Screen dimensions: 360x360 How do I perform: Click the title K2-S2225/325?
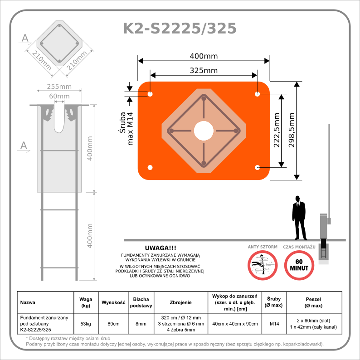click(180, 29)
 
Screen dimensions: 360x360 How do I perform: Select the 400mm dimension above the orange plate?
click(204, 56)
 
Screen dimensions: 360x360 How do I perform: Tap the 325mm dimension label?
click(204, 70)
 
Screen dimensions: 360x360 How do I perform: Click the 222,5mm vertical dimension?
click(277, 130)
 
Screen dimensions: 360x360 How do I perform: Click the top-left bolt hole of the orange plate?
click(150, 94)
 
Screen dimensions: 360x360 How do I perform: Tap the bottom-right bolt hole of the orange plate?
click(257, 167)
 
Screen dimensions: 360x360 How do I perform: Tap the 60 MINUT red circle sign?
click(299, 265)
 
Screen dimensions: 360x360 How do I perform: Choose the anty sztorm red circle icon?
click(263, 265)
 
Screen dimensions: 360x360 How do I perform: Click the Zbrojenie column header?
click(180, 302)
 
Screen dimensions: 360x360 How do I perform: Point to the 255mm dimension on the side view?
click(59, 87)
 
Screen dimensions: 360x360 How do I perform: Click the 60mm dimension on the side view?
click(59, 96)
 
